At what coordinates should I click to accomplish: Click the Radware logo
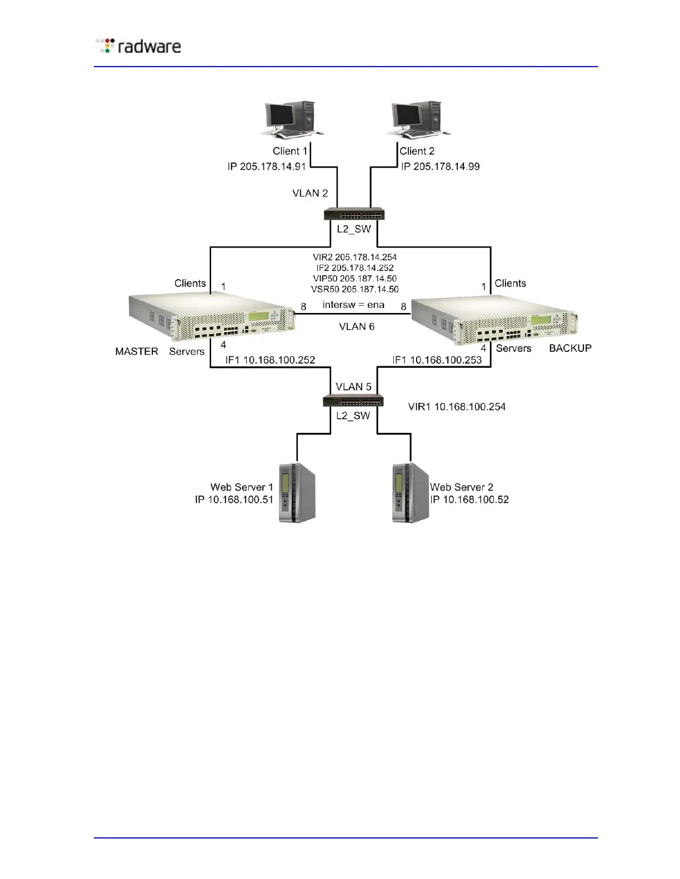click(x=139, y=46)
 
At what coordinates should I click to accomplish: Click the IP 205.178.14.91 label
click(x=267, y=166)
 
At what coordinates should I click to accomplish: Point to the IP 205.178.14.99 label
click(x=441, y=166)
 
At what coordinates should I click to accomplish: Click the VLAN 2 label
click(x=310, y=193)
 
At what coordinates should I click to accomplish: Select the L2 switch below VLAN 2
click(x=354, y=214)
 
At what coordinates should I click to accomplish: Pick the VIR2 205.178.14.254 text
click(x=354, y=257)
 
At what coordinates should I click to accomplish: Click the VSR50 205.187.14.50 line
click(x=354, y=289)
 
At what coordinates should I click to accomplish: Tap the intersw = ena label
click(x=353, y=305)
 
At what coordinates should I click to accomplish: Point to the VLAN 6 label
click(x=357, y=326)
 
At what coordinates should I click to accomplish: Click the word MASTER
click(x=137, y=351)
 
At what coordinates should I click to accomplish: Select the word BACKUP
click(x=570, y=348)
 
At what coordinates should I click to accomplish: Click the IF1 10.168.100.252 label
click(x=270, y=360)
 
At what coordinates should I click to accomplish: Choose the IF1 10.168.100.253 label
click(x=437, y=360)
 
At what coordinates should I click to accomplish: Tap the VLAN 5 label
click(x=353, y=386)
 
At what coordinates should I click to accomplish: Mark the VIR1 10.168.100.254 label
click(x=457, y=407)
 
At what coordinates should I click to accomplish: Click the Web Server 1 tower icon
click(x=297, y=492)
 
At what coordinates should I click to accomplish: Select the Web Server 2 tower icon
click(x=410, y=492)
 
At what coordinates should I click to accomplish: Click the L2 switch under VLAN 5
click(x=353, y=401)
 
